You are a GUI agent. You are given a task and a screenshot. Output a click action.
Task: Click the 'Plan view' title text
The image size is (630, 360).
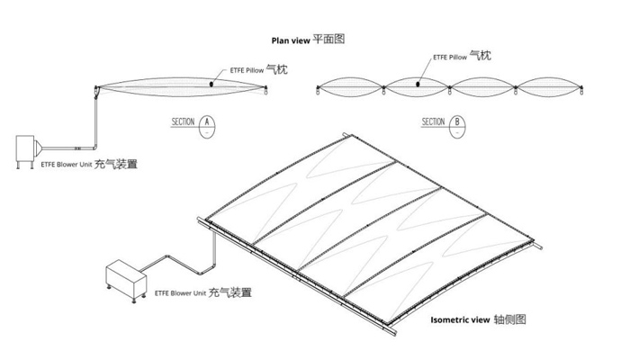(291, 40)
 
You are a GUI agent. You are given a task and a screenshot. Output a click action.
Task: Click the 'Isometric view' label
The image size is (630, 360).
(460, 319)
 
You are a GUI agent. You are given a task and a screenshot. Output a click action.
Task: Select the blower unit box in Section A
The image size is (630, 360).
(30, 148)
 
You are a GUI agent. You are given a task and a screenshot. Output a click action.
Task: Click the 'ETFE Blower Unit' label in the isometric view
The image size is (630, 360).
(180, 293)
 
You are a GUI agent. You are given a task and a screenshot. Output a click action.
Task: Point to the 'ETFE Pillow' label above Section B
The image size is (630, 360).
(450, 57)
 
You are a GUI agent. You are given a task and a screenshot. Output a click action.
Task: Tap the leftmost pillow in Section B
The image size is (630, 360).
(350, 89)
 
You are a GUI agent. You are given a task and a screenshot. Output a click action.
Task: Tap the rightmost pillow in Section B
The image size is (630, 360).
(548, 89)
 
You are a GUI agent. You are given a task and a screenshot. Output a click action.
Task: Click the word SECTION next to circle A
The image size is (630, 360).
(184, 121)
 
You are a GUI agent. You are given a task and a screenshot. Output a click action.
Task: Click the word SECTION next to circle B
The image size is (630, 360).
(434, 121)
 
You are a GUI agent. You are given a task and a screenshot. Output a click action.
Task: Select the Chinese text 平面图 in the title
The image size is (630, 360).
(328, 40)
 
